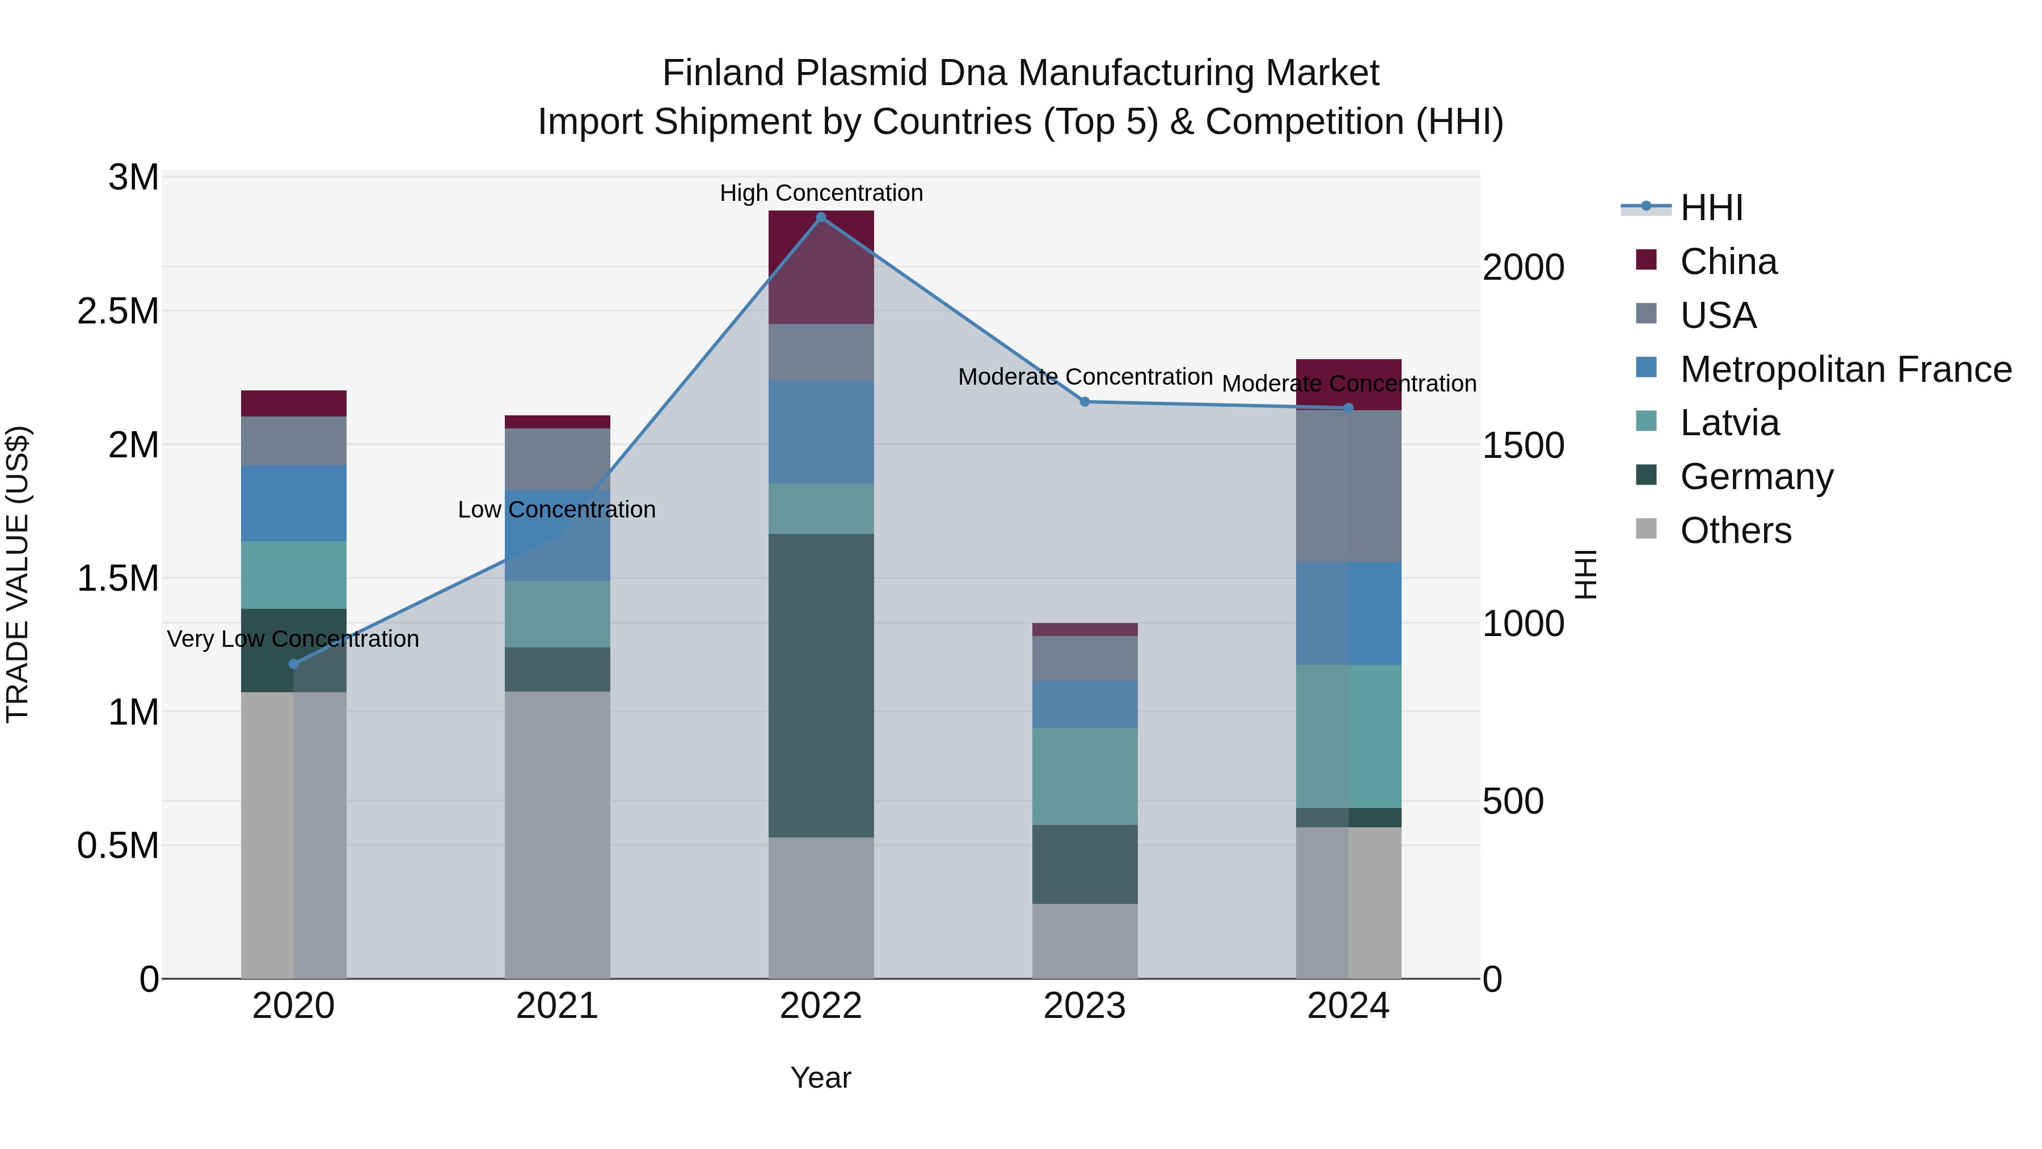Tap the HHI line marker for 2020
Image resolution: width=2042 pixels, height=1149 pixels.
(x=293, y=664)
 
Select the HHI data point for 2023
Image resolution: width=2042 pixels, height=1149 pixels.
(x=1085, y=402)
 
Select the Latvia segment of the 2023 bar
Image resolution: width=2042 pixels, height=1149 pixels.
(x=1085, y=776)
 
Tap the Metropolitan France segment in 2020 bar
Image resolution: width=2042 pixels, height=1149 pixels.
(x=293, y=503)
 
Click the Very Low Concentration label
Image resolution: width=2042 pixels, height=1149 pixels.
(x=293, y=638)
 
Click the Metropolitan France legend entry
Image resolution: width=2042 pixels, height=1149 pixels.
(x=1845, y=369)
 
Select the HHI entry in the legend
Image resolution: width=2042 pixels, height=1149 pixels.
(x=1711, y=208)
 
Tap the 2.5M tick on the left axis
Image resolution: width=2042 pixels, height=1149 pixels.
(x=118, y=311)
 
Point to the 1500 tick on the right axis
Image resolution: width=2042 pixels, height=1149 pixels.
(x=1523, y=445)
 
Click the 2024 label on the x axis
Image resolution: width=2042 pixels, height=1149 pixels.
(x=1348, y=1006)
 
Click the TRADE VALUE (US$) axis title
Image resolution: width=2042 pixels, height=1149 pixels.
(x=18, y=575)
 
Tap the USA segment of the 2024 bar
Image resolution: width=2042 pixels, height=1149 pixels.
(x=1348, y=486)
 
